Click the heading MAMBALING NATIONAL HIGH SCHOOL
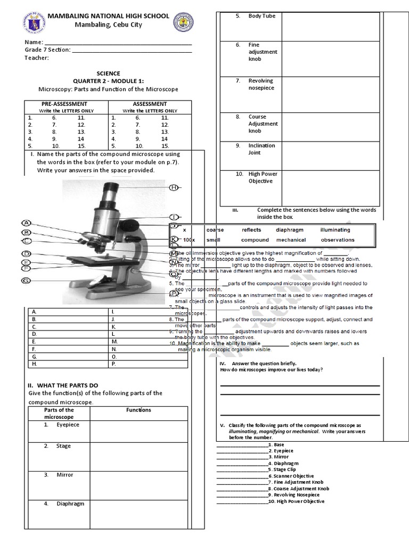tap(109, 16)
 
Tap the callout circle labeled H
tap(174, 187)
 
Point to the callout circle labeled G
tap(26, 280)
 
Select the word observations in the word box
tap(337, 240)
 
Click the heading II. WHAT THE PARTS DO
tap(62, 385)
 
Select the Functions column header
tap(138, 410)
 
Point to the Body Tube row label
tap(261, 16)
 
